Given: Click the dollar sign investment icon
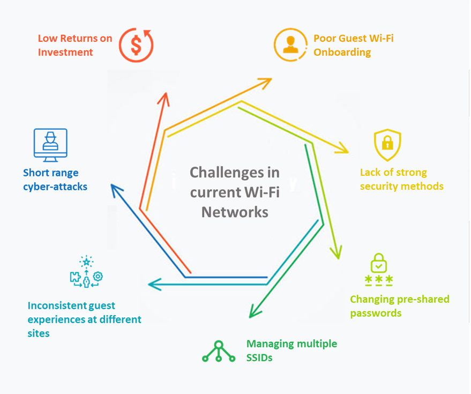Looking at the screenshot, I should pyautogui.click(x=136, y=44).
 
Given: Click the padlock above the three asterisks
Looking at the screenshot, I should pyautogui.click(x=379, y=263).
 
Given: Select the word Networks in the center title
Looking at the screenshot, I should pyautogui.click(x=235, y=212).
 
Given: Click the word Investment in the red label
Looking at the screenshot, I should pyautogui.click(x=65, y=52).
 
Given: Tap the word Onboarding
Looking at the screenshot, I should pyautogui.click(x=342, y=52).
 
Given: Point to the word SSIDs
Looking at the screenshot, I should pyautogui.click(x=259, y=357).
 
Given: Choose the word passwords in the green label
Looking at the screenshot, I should pyautogui.click(x=376, y=313).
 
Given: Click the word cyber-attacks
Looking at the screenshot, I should pyautogui.click(x=55, y=187).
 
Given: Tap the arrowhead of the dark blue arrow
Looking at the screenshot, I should pyautogui.click(x=115, y=188).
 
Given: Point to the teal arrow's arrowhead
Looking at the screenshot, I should pyautogui.click(x=153, y=284).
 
